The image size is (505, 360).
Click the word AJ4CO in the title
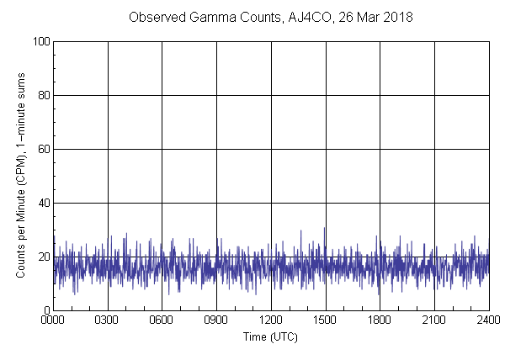[x=319, y=18]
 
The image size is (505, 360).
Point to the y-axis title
[x=21, y=175]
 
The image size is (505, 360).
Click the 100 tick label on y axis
[x=40, y=41]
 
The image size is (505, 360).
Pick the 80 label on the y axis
[x=42, y=95]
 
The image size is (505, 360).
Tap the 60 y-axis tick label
[x=42, y=149]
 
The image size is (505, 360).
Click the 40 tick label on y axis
[x=42, y=203]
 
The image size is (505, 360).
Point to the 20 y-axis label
[x=42, y=257]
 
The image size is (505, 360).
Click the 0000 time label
[x=53, y=320]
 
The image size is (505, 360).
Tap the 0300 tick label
[x=108, y=320]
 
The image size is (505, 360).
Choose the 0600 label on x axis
[x=162, y=320]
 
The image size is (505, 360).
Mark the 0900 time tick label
[x=216, y=320]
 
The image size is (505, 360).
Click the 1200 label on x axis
[x=271, y=320]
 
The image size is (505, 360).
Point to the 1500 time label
[x=325, y=320]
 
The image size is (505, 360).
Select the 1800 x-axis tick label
[x=380, y=320]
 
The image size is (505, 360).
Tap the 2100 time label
[x=434, y=320]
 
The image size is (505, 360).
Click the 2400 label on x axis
[x=488, y=320]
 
